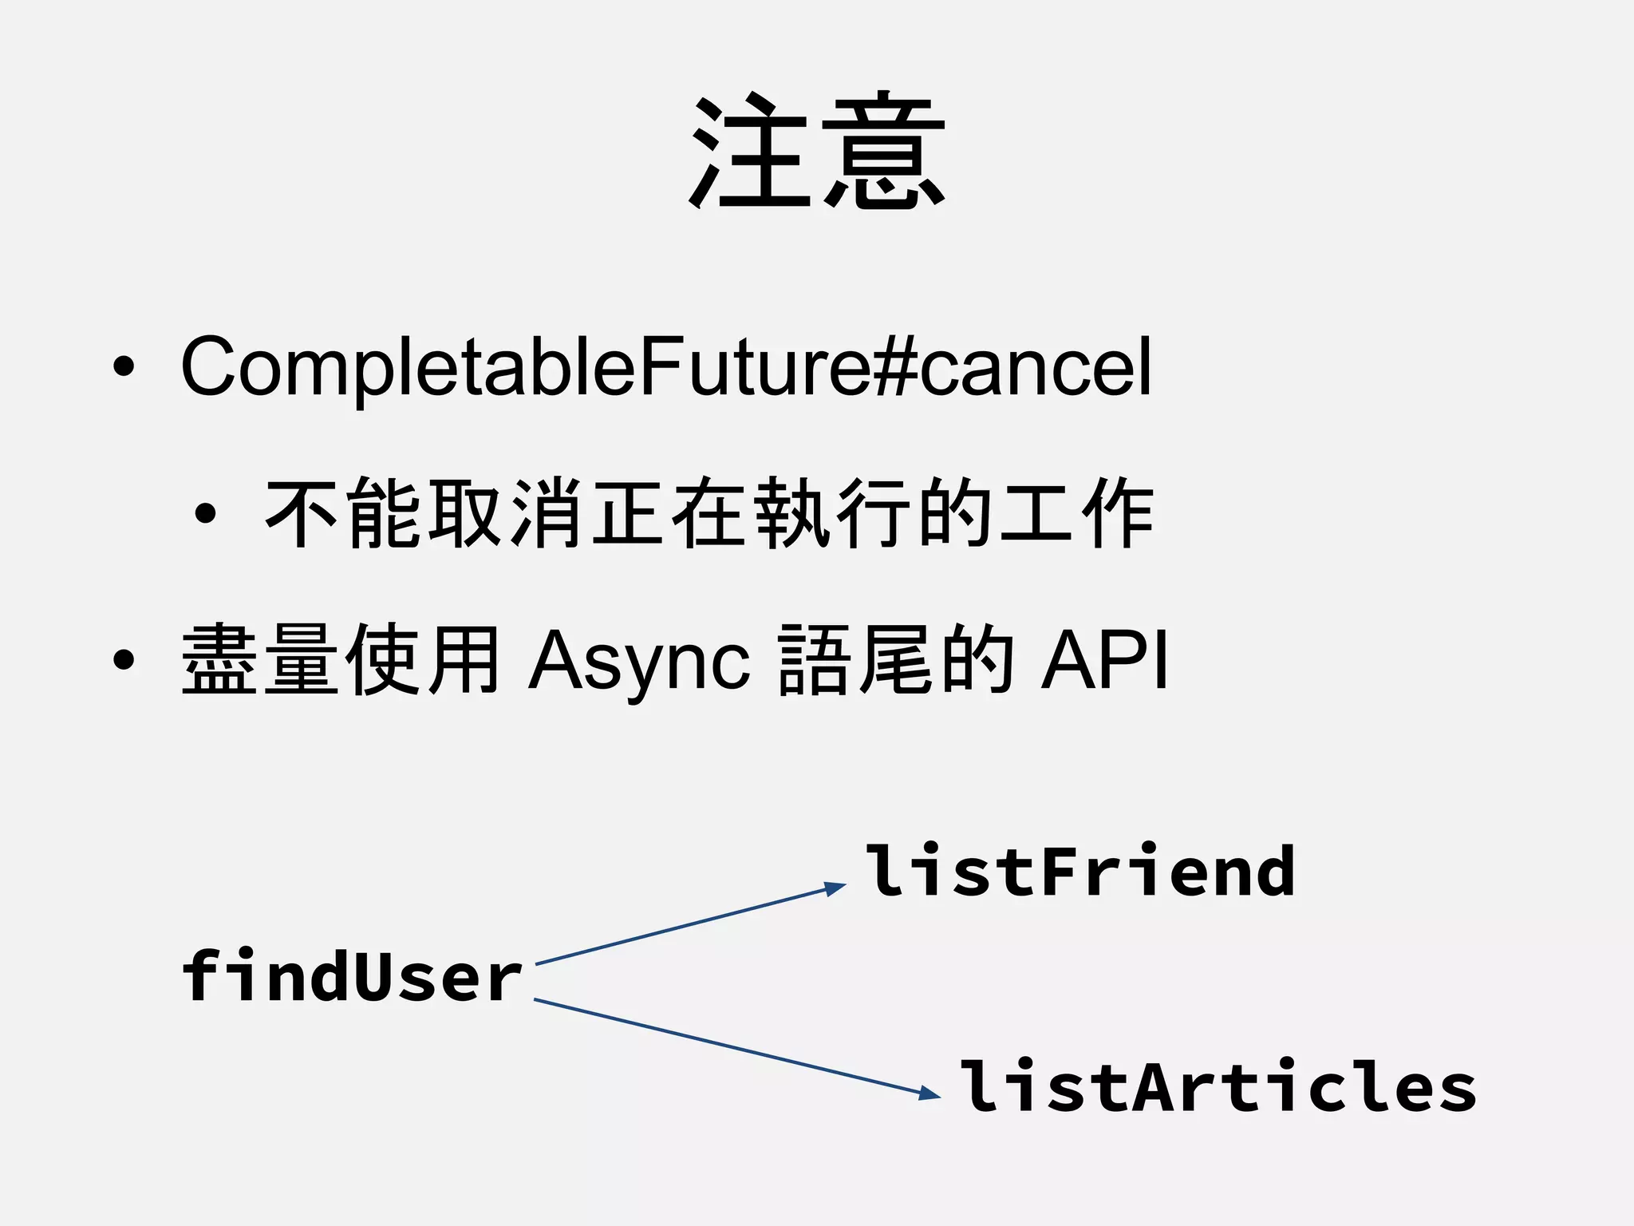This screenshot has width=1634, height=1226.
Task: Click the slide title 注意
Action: pyautogui.click(x=817, y=152)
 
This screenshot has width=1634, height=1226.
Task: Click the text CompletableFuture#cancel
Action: pyautogui.click(x=666, y=367)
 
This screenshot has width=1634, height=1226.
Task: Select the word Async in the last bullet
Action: pyautogui.click(x=638, y=661)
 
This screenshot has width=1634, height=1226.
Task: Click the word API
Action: pyautogui.click(x=1105, y=661)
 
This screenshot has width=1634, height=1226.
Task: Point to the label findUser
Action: pyautogui.click(x=351, y=975)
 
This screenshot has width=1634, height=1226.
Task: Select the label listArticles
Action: pyautogui.click(x=1217, y=1087)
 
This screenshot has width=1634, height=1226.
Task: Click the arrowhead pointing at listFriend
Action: pyautogui.click(x=836, y=888)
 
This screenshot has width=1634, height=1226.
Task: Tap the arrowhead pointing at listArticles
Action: pyautogui.click(x=931, y=1094)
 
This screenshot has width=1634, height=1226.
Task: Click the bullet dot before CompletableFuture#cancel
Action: pyautogui.click(x=124, y=367)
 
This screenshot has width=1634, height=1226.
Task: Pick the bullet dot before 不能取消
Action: pyautogui.click(x=205, y=513)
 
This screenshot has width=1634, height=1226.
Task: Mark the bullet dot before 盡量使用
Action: pyautogui.click(x=124, y=661)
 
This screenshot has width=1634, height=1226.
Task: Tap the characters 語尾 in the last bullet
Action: pyautogui.click(x=855, y=661)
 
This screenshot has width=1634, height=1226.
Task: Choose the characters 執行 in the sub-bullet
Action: pyautogui.click(x=831, y=513)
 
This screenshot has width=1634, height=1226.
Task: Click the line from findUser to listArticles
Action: pyautogui.click(x=726, y=1045)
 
